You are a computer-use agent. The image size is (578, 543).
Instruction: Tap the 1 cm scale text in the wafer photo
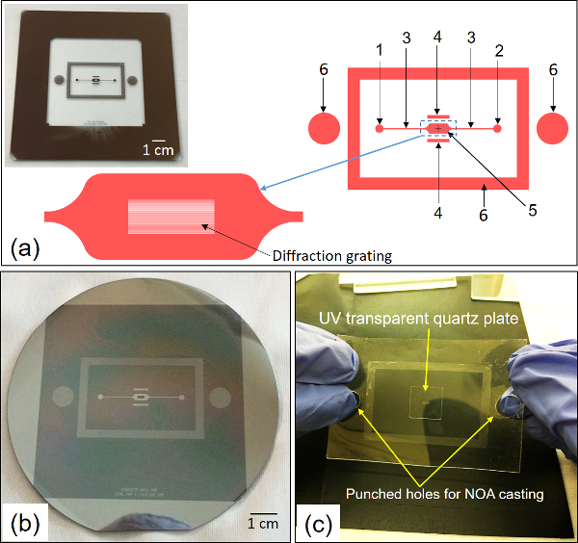coord(263,524)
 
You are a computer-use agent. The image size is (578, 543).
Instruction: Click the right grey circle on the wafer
coord(219,396)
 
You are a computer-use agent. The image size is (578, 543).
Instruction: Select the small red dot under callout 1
coord(380,127)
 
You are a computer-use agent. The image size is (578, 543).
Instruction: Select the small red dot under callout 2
coord(497,127)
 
